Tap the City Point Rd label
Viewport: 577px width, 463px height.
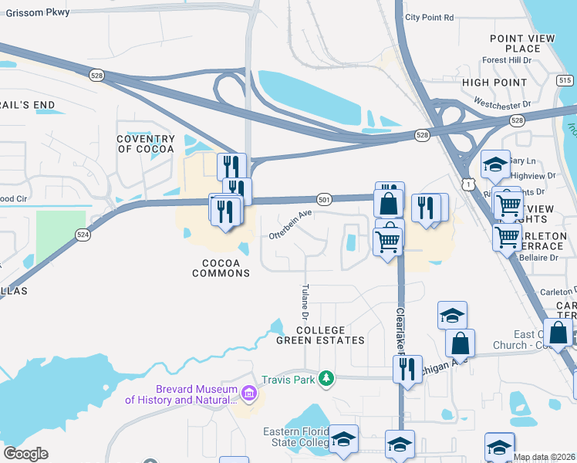429,17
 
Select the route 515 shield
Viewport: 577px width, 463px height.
565,80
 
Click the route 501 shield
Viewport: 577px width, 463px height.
325,200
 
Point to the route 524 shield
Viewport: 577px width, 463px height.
83,235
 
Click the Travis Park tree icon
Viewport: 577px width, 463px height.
327,377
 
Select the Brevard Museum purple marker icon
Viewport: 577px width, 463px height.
248,394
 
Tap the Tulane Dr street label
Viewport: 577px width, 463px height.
304,302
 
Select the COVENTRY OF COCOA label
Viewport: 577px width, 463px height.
146,144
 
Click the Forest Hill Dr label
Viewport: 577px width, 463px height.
507,60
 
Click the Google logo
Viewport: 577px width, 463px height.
25,454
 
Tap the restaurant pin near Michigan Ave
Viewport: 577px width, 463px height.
407,368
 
